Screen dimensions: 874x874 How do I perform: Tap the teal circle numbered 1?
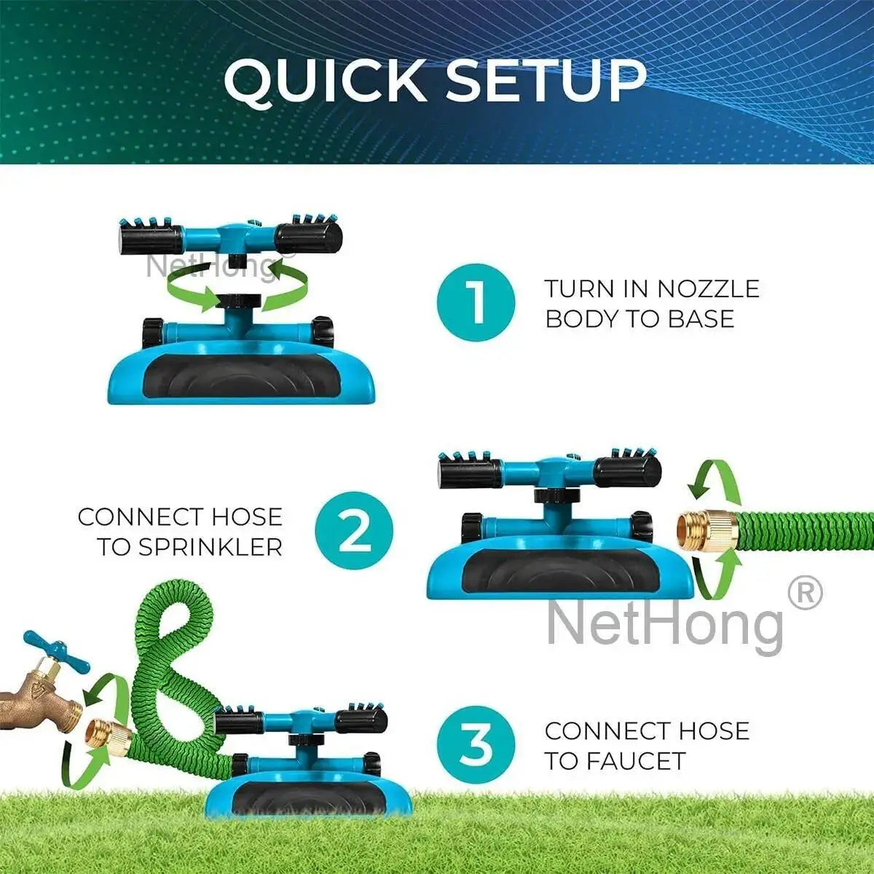476,302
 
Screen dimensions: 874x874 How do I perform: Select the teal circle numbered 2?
354,530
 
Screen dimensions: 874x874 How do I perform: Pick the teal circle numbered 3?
476,744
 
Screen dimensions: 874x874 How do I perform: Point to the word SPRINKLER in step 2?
210,547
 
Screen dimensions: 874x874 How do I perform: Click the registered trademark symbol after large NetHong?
805,594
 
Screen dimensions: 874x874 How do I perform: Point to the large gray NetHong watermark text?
665,623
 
